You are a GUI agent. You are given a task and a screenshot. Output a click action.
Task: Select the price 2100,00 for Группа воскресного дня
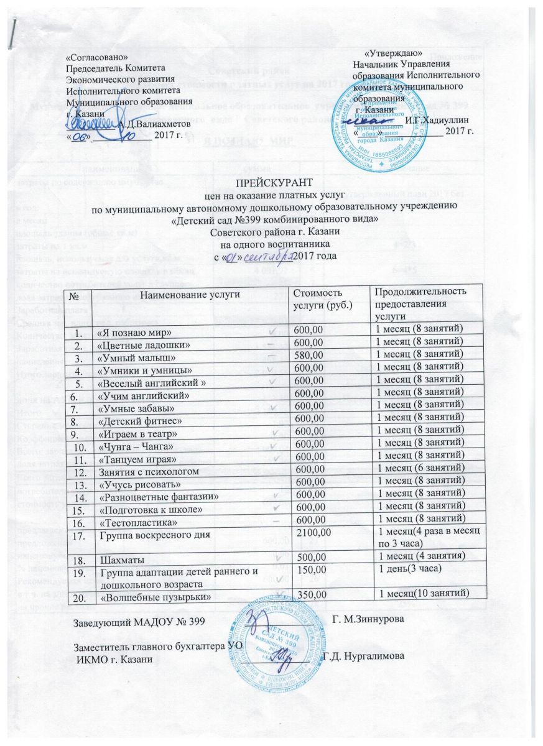pos(316,533)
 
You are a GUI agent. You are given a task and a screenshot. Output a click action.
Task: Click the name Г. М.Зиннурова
pos(372,620)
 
